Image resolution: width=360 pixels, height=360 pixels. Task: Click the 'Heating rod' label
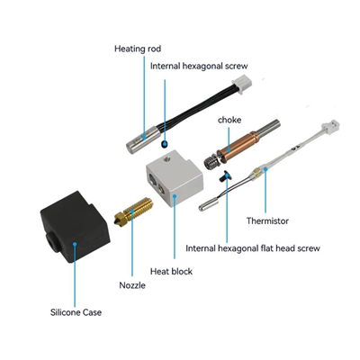click(138, 49)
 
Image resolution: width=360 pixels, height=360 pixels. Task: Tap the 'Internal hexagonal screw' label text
click(199, 67)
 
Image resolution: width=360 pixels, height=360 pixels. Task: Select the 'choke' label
click(229, 120)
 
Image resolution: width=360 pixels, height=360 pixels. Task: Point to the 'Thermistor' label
click(267, 221)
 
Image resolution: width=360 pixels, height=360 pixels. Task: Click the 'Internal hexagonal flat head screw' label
click(253, 248)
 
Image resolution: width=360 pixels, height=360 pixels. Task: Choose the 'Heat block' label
click(171, 272)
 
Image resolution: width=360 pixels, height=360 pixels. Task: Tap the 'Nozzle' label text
click(132, 285)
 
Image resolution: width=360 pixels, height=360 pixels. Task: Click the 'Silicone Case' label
click(76, 312)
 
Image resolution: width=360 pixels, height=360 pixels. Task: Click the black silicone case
click(76, 227)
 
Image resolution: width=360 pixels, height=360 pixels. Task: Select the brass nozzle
click(133, 211)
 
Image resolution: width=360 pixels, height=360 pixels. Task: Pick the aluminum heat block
click(175, 181)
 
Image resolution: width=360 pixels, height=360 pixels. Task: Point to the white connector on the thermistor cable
click(330, 128)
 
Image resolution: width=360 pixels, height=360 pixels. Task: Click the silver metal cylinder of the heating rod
click(141, 139)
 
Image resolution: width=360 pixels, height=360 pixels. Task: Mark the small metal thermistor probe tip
click(209, 205)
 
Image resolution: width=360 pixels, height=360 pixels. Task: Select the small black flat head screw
click(227, 175)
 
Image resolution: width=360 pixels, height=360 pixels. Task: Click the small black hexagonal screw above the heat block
click(164, 144)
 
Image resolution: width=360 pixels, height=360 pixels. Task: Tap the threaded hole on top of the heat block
click(166, 157)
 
